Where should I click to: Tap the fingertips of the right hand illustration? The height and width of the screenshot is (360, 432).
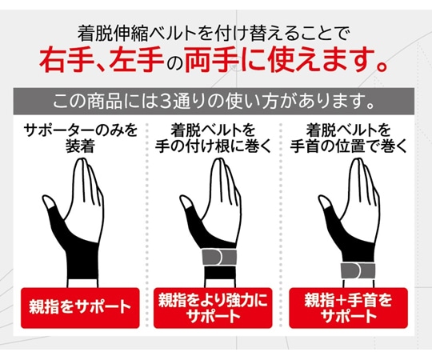pyautogui.click(x=346, y=164)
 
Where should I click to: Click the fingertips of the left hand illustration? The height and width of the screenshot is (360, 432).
pyautogui.click(x=79, y=164)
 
